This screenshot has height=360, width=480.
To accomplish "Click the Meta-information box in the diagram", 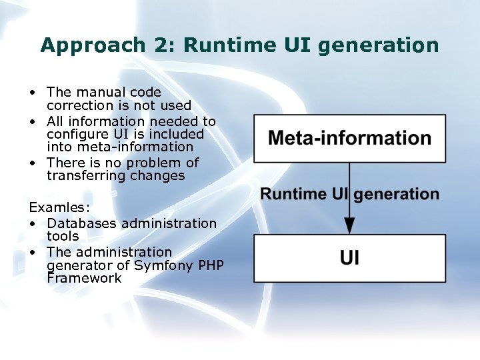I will [349, 138].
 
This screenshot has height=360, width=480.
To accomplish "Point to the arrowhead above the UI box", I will [349, 225].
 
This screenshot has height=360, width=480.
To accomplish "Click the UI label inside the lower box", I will [349, 258].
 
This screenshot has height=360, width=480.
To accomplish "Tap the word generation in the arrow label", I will [396, 195].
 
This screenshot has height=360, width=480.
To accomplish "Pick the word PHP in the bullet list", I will [210, 265].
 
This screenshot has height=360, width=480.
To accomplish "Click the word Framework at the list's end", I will [84, 278].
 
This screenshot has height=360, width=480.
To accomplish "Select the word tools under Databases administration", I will [63, 236].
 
